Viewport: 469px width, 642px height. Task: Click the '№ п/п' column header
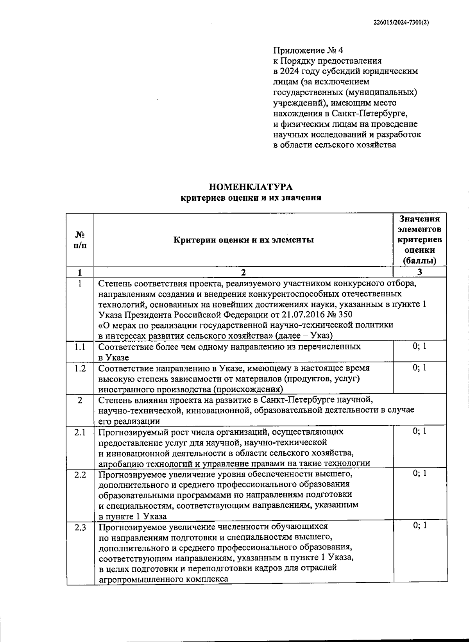pos(80,240)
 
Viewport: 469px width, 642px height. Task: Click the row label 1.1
pos(80,346)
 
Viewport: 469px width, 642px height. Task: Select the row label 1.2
pos(80,368)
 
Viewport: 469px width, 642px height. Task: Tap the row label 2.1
pos(80,432)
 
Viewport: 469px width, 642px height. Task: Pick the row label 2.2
pos(80,474)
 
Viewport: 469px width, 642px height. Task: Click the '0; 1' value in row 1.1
pos(419,346)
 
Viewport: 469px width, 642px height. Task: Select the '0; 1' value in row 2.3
pos(419,526)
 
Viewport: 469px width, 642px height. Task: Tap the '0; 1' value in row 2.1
pos(419,431)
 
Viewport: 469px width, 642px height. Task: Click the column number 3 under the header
pos(419,272)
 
